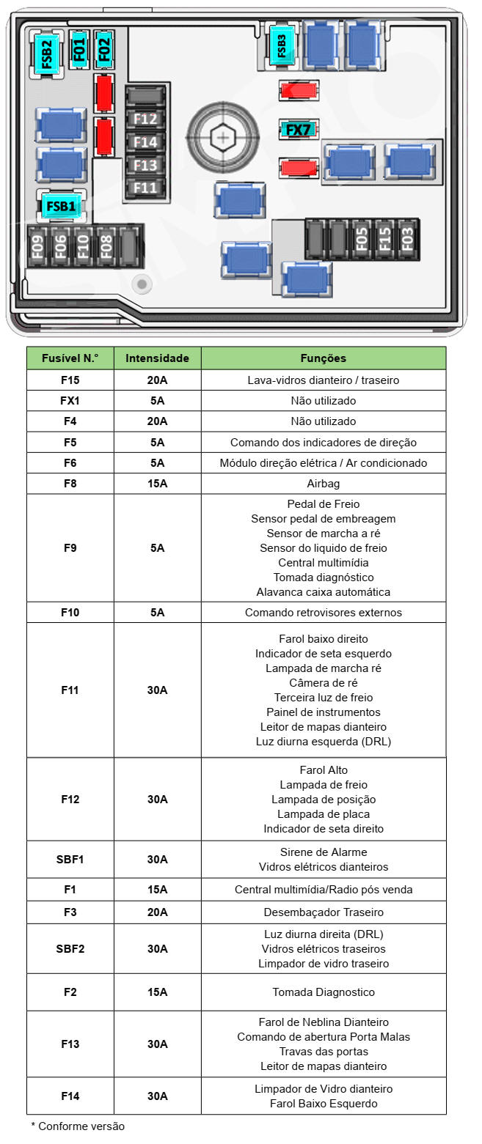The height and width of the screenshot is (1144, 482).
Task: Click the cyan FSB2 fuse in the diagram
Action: (46, 54)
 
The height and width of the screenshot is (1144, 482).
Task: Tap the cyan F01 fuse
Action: (79, 49)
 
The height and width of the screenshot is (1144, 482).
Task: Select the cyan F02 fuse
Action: (104, 49)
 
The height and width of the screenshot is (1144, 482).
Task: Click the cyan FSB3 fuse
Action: (282, 45)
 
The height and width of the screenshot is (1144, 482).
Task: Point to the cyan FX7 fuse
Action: (299, 130)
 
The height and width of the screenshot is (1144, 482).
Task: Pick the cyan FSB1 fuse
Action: (61, 206)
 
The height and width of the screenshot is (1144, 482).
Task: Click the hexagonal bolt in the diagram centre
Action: (222, 136)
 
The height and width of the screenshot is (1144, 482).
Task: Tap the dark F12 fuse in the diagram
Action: (145, 119)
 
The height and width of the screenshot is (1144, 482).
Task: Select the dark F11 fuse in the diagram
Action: (145, 188)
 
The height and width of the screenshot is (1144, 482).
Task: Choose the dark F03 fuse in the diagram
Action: (407, 239)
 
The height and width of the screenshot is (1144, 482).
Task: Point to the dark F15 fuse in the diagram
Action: (384, 239)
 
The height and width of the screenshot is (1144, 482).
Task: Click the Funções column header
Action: (324, 358)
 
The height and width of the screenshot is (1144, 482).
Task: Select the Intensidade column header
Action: (157, 358)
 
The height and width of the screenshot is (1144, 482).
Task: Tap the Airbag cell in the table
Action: (324, 484)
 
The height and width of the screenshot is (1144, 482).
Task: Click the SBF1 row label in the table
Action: (70, 859)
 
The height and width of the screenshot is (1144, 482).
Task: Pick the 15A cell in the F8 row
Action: (157, 484)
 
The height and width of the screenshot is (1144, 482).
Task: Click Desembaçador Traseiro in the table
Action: (324, 912)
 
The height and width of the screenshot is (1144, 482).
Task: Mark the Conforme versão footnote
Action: (78, 1126)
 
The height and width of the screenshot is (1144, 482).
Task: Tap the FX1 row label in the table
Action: (70, 401)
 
